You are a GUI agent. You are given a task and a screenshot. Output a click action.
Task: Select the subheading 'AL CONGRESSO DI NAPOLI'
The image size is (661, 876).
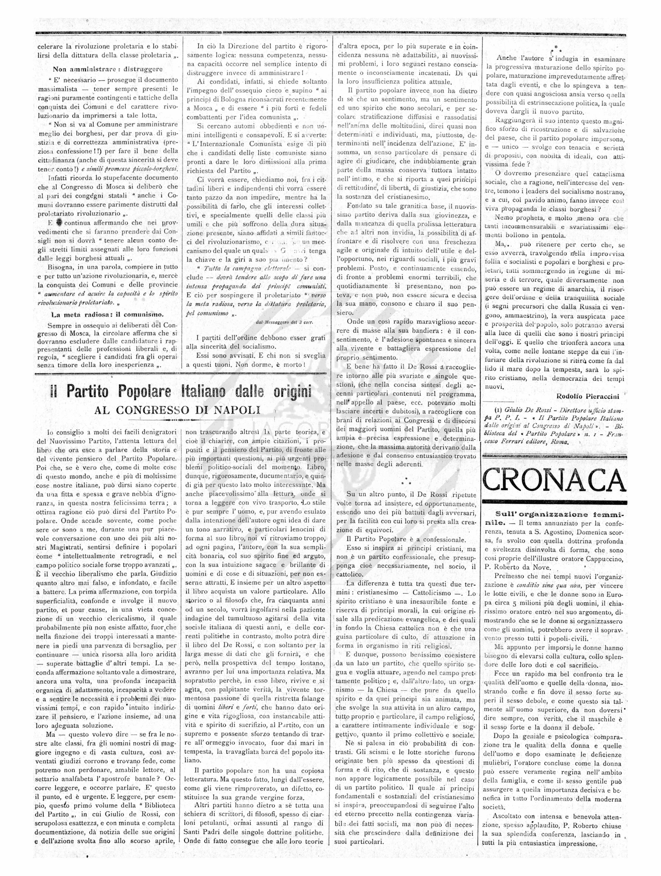point(177,410)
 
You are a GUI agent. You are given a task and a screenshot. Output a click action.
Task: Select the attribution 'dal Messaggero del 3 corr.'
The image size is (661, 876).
point(284,322)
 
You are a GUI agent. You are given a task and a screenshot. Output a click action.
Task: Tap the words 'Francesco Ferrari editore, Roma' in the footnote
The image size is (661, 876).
point(526,442)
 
